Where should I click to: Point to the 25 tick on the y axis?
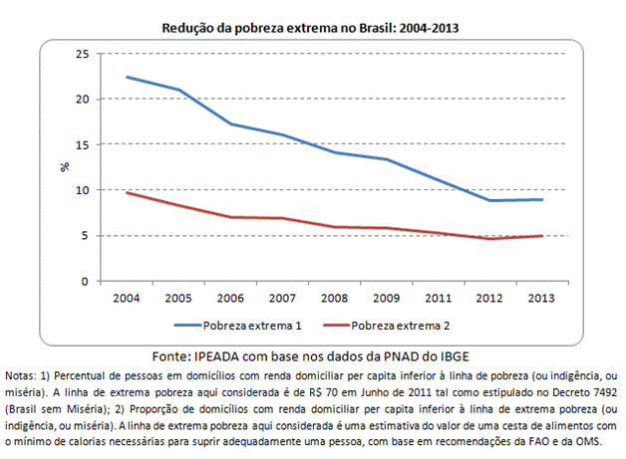click(81, 54)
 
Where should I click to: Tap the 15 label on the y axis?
click(81, 144)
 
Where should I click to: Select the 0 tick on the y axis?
click(85, 281)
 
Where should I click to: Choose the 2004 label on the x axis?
click(127, 297)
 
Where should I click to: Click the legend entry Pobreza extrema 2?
click(398, 326)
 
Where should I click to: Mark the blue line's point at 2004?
click(127, 77)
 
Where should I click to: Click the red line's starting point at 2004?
click(127, 192)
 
